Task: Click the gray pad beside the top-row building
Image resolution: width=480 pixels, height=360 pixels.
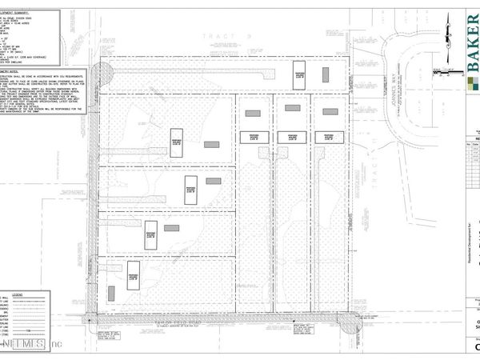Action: pos(326,74)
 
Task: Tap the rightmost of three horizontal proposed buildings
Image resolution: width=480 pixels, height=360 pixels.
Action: pos(329,137)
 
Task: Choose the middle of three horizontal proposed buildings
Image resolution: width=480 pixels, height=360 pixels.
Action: pos(287,137)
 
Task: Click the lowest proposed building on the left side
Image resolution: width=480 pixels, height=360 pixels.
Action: pos(134,274)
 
